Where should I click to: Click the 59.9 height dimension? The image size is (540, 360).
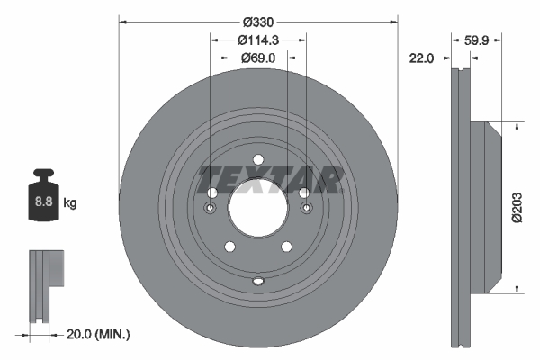[x=477, y=40]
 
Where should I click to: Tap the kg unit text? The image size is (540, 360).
[x=70, y=203]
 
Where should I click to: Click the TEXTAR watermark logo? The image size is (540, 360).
[x=270, y=180]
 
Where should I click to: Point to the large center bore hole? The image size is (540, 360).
[x=258, y=210]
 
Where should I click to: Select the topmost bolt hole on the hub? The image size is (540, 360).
[x=258, y=161]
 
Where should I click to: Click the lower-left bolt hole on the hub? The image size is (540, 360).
[x=229, y=247]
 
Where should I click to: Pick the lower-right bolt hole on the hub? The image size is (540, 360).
[x=287, y=247]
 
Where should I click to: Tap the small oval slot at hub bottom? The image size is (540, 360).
[x=258, y=281]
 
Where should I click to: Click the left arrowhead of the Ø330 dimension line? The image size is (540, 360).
[x=122, y=22]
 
